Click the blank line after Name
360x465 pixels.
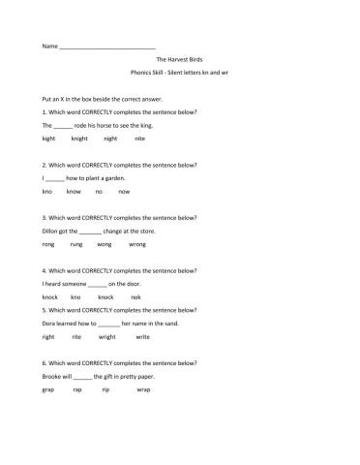tap(107, 47)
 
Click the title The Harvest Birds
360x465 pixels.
tap(179, 60)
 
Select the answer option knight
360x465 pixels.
tap(79, 139)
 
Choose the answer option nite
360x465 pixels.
tap(139, 139)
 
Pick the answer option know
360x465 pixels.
tap(74, 192)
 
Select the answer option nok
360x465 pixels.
tap(135, 296)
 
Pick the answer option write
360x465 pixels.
tap(142, 336)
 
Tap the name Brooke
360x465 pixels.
tap(53, 376)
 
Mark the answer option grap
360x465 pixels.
tap(49, 389)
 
